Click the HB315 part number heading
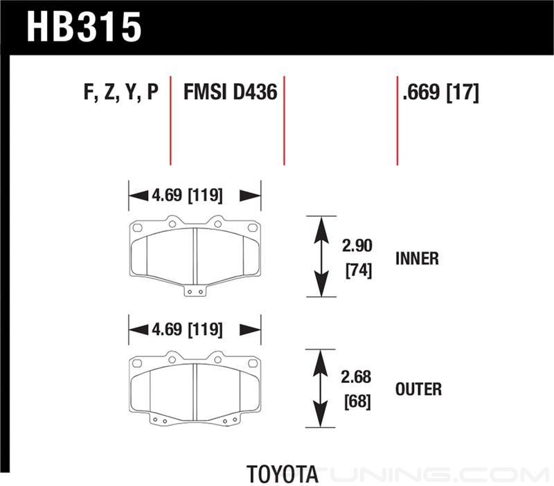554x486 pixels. (84, 27)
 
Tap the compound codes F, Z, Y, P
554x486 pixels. (121, 93)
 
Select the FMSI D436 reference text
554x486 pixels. (231, 92)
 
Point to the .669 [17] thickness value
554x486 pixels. (441, 93)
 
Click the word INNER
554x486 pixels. (418, 258)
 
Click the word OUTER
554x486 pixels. (418, 389)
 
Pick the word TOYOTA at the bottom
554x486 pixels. (283, 474)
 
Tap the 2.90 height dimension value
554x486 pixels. (357, 246)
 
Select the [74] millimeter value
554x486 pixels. (359, 271)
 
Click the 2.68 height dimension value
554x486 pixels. (356, 377)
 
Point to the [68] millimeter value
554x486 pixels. (357, 402)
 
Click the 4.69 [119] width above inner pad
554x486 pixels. (187, 195)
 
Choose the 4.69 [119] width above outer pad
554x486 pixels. (187, 330)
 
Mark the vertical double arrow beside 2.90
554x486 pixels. (321, 256)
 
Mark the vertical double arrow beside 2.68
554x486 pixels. (320, 388)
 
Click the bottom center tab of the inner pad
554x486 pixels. (195, 291)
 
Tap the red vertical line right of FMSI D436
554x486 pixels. (284, 120)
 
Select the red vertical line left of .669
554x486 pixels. (397, 120)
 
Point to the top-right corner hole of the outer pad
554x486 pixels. (253, 363)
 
